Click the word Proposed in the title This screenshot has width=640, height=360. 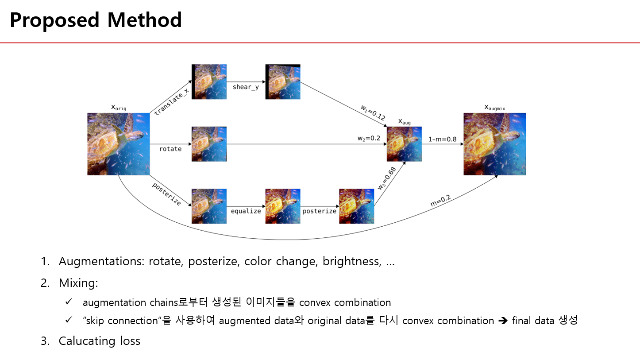[x=54, y=20]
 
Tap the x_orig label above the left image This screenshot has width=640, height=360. [x=119, y=108]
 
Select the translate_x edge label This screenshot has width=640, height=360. [x=171, y=102]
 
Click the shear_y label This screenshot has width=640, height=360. [x=246, y=87]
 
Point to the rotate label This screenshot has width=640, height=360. [x=170, y=149]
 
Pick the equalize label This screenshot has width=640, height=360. [x=246, y=211]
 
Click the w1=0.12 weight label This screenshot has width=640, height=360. [x=373, y=112]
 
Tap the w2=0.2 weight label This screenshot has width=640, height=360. [x=369, y=139]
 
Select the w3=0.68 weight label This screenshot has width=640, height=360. [x=387, y=178]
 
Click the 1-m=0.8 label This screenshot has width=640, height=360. [x=442, y=139]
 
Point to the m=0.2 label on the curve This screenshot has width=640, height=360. [x=440, y=201]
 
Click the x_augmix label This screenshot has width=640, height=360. [x=494, y=108]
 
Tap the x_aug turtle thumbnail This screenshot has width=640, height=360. [x=404, y=144]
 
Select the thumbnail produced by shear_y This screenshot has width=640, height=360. [x=283, y=82]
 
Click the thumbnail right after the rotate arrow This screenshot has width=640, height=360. [x=209, y=144]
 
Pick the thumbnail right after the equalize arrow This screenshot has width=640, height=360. [x=283, y=206]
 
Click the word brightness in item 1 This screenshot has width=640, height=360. [x=352, y=261]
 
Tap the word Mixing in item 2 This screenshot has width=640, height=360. [x=78, y=283]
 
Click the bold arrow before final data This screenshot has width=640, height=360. [x=503, y=321]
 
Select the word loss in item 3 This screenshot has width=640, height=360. [x=130, y=341]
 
